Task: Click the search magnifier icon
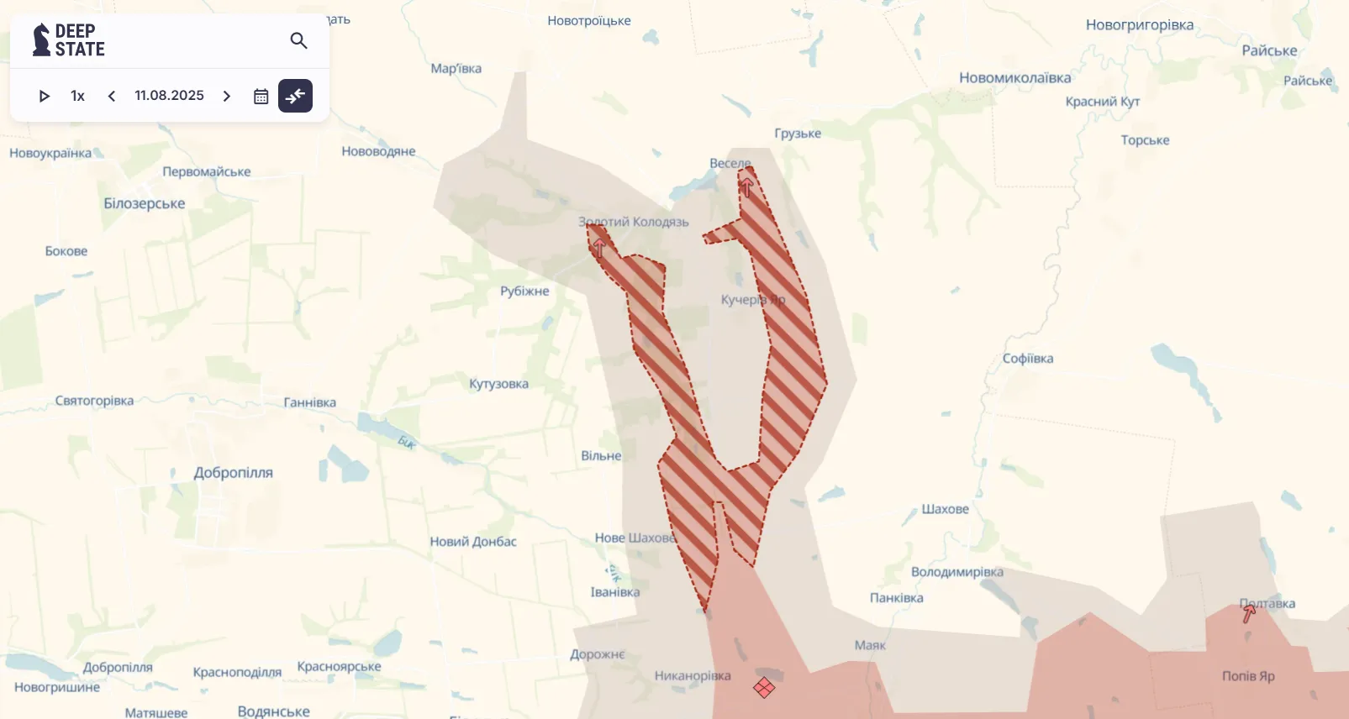(x=298, y=40)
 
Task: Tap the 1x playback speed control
(x=77, y=96)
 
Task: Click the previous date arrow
(x=112, y=96)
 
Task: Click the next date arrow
(x=226, y=96)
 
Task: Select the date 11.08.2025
(x=169, y=96)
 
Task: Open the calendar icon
(x=261, y=96)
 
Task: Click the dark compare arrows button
(x=295, y=96)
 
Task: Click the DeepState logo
(x=69, y=40)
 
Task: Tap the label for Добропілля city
(x=233, y=473)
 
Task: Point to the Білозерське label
(x=144, y=203)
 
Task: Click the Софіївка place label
(x=1027, y=359)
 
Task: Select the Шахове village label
(x=945, y=509)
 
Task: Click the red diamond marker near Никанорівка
(x=763, y=688)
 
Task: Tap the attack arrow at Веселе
(x=746, y=186)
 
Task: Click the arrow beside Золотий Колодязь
(x=598, y=246)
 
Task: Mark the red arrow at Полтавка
(x=1249, y=614)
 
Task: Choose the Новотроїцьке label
(x=588, y=21)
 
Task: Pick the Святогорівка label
(x=94, y=401)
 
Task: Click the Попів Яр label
(x=1248, y=676)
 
